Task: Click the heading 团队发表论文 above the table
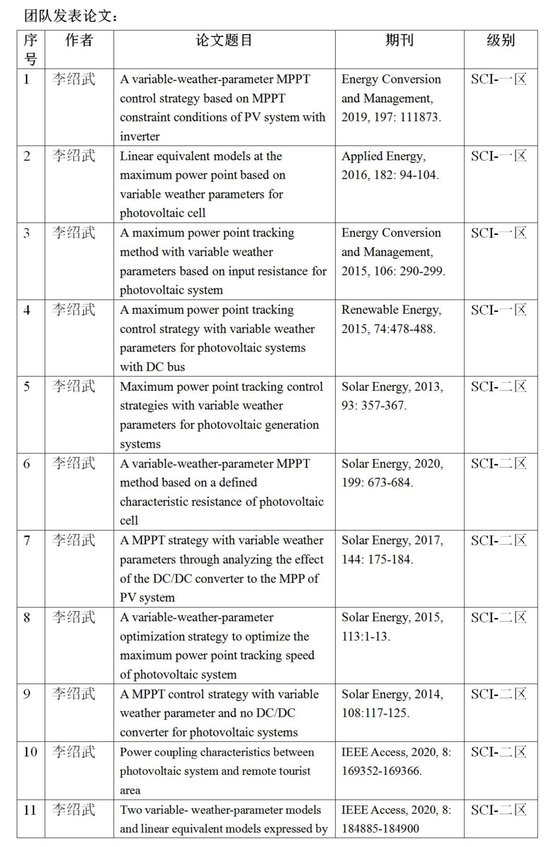(71, 16)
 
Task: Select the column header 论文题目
(224, 40)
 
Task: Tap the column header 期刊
(399, 40)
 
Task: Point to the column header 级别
(501, 40)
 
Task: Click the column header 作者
(79, 40)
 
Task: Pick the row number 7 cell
(27, 541)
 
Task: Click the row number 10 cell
(30, 752)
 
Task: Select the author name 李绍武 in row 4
(73, 310)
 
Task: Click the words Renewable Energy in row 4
(390, 310)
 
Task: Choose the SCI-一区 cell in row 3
(499, 233)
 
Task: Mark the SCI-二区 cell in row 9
(499, 694)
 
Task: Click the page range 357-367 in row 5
(384, 406)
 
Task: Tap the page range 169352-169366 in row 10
(381, 771)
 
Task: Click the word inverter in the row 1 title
(139, 137)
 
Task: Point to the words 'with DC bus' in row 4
(152, 367)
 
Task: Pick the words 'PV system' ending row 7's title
(147, 598)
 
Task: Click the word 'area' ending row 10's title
(130, 790)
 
